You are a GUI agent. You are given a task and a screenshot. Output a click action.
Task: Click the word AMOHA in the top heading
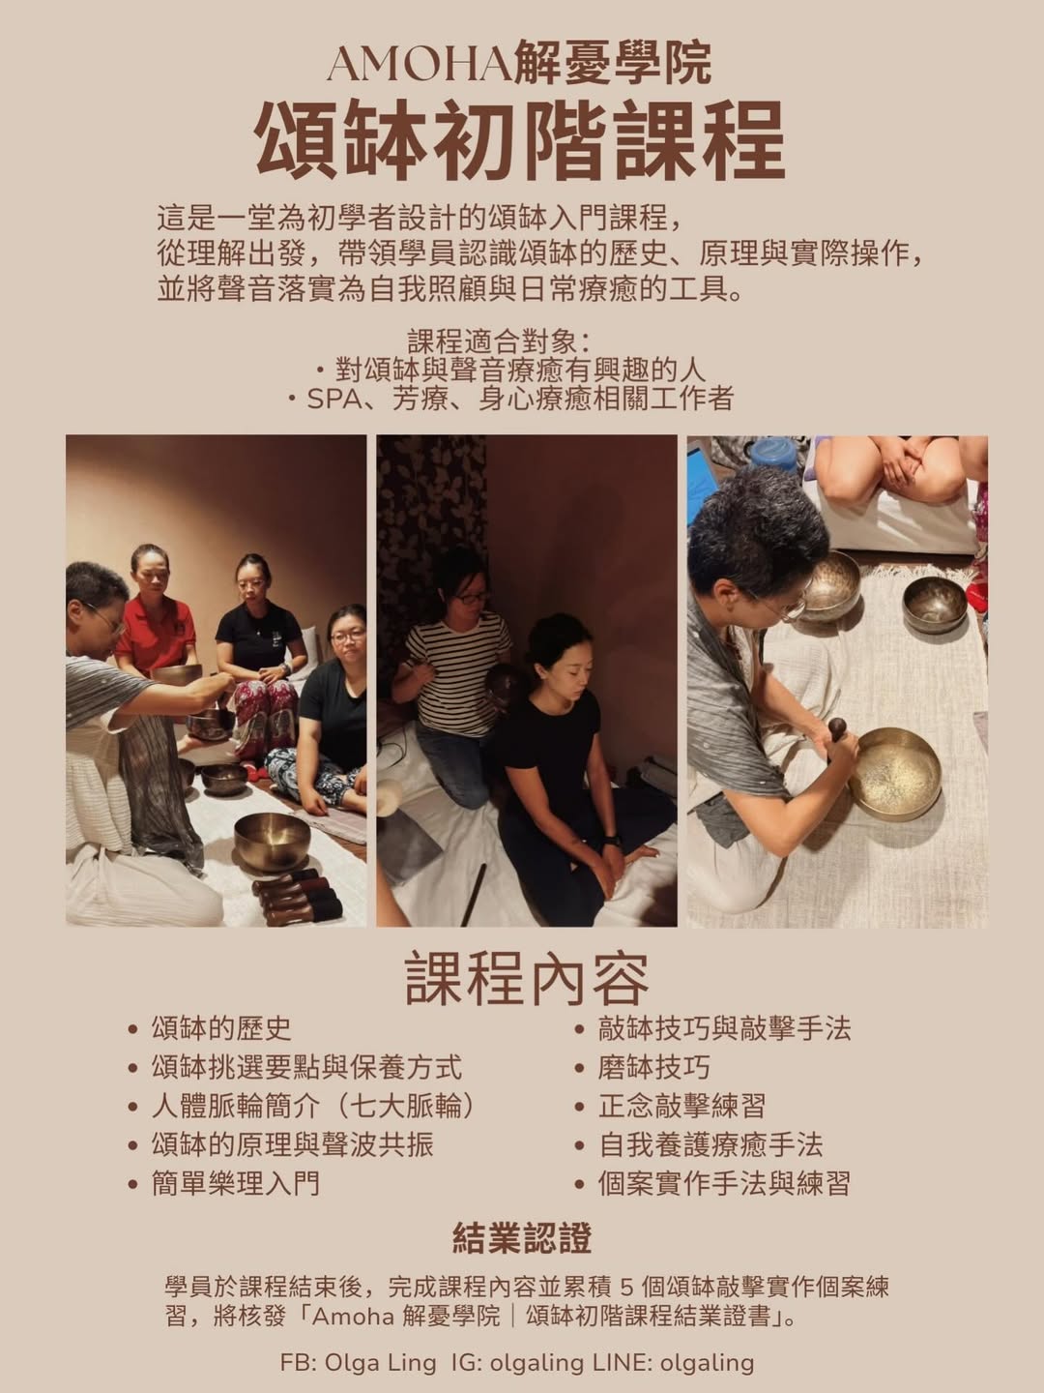pos(417,65)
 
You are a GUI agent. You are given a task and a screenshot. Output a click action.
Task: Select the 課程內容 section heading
pos(526,978)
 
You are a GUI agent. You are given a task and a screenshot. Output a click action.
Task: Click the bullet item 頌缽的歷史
pos(220,1028)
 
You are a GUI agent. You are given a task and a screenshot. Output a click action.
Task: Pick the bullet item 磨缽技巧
pos(653,1067)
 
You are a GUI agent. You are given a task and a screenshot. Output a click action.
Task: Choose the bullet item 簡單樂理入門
pos(235,1183)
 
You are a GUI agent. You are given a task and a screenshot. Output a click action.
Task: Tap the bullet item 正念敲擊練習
pos(681,1106)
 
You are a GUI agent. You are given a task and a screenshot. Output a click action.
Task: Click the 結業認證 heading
pos(522,1238)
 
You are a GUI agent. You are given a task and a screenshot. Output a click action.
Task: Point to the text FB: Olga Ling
pos(358,1362)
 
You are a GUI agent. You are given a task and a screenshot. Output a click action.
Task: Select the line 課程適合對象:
pos(499,341)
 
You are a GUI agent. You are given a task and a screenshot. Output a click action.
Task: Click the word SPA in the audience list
pos(333,399)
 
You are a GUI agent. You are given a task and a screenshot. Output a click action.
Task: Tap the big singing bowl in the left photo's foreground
pos(272,838)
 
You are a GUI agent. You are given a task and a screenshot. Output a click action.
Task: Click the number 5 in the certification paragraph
pos(624,1288)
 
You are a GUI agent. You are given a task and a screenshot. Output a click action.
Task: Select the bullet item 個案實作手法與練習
pos(724,1183)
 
